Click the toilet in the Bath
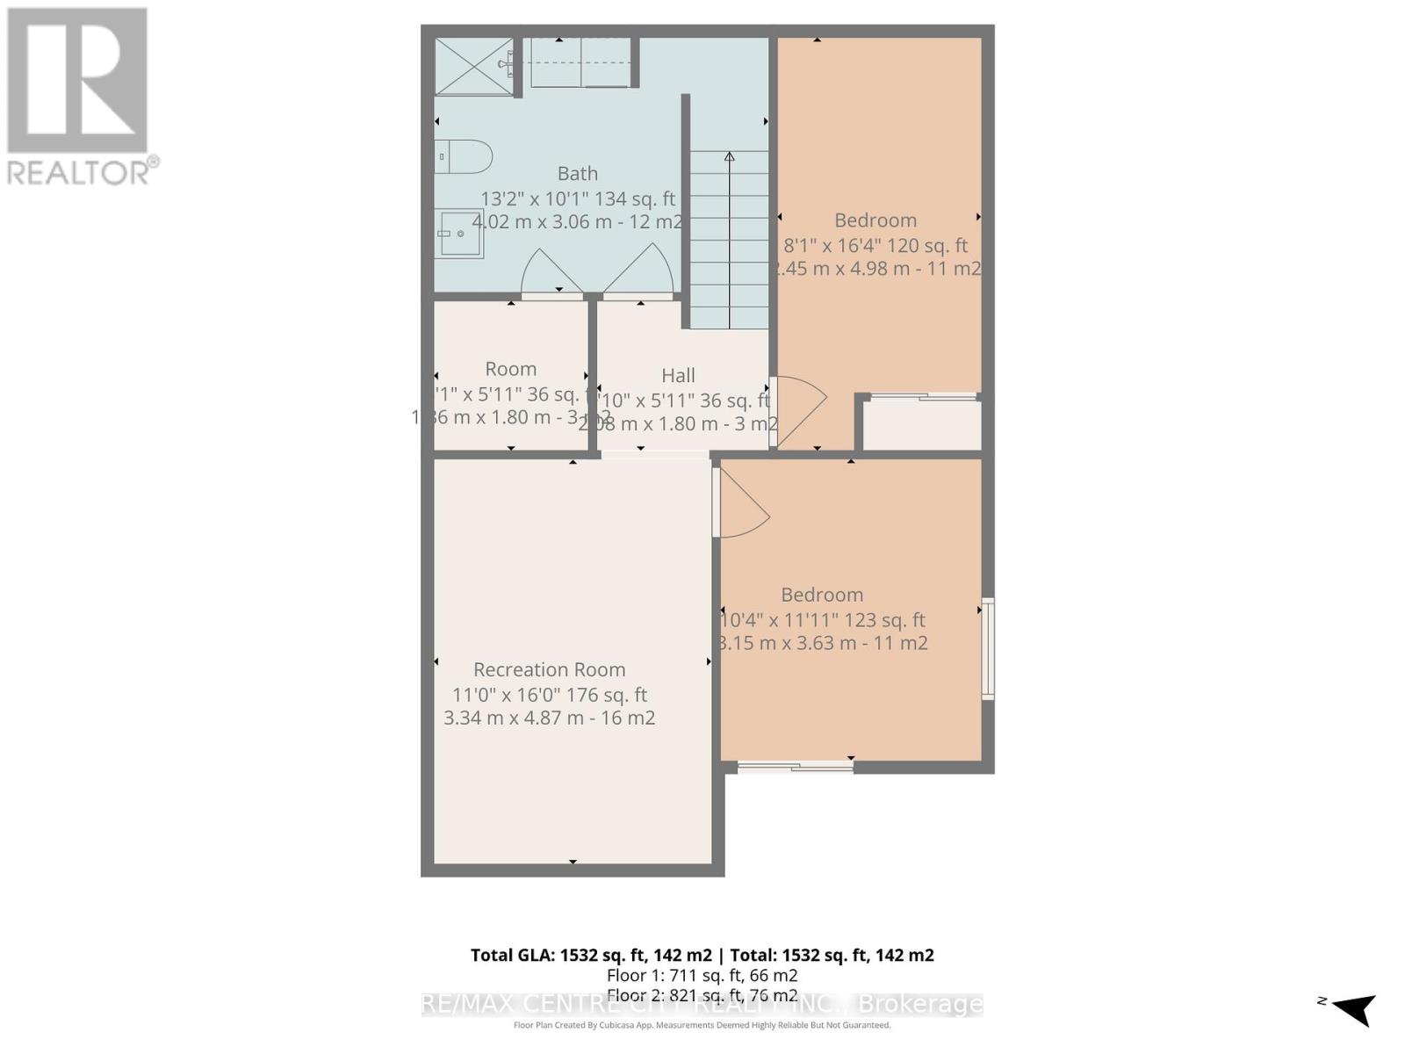click(x=465, y=157)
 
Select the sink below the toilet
click(x=459, y=234)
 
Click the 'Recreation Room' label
click(x=550, y=669)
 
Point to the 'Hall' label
click(x=678, y=376)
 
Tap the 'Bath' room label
click(x=577, y=174)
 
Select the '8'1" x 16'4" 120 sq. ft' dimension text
click(x=875, y=246)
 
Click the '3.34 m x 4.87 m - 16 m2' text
click(x=550, y=718)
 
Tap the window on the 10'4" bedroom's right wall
click(x=988, y=648)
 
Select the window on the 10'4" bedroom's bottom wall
click(x=796, y=767)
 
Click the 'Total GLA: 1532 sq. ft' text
click(x=591, y=955)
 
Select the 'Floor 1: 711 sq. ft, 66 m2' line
click(x=702, y=976)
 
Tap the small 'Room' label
click(x=511, y=369)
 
